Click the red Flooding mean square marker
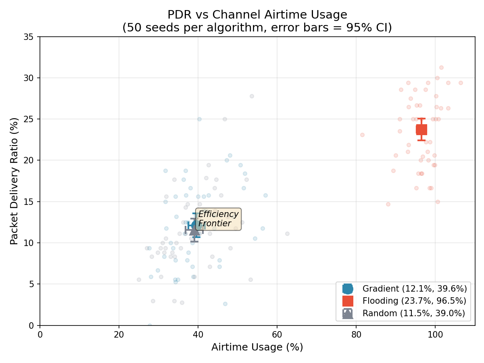[421, 129]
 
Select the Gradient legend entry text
[415, 289]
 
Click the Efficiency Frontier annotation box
[219, 219]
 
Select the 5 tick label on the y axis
[33, 284]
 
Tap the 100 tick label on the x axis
[435, 334]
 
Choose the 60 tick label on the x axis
[277, 334]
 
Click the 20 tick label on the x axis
[119, 334]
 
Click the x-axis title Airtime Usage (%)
[257, 347]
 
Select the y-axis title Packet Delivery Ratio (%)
[15, 181]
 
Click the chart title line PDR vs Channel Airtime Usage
[257, 15]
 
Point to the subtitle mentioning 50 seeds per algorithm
[257, 28]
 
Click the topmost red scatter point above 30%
[441, 67]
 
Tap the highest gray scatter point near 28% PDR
[252, 96]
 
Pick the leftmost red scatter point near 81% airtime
[362, 135]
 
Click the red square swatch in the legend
[348, 301]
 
